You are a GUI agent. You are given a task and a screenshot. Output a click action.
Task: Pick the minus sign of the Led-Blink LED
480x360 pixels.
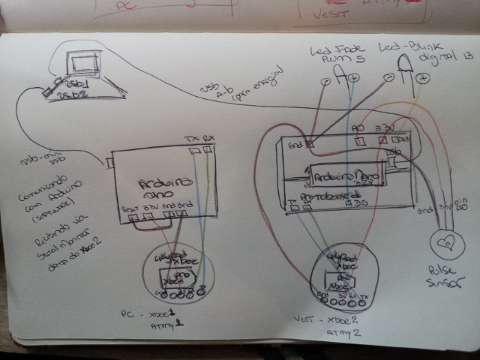388,77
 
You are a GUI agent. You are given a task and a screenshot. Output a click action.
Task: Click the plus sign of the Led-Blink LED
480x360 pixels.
424,77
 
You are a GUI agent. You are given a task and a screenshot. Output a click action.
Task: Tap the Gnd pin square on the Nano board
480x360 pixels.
307,142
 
